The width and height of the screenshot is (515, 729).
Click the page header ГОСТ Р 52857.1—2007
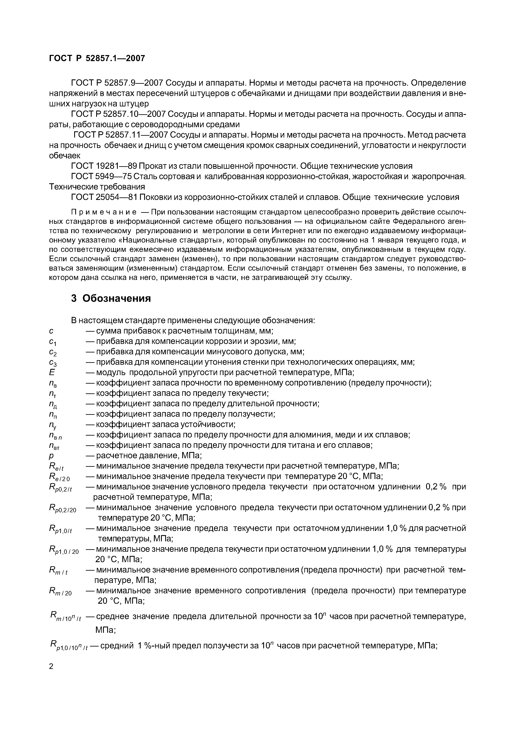point(97,58)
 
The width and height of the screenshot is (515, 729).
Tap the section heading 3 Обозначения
point(111,298)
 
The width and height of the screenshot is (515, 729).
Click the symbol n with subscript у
point(53,425)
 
